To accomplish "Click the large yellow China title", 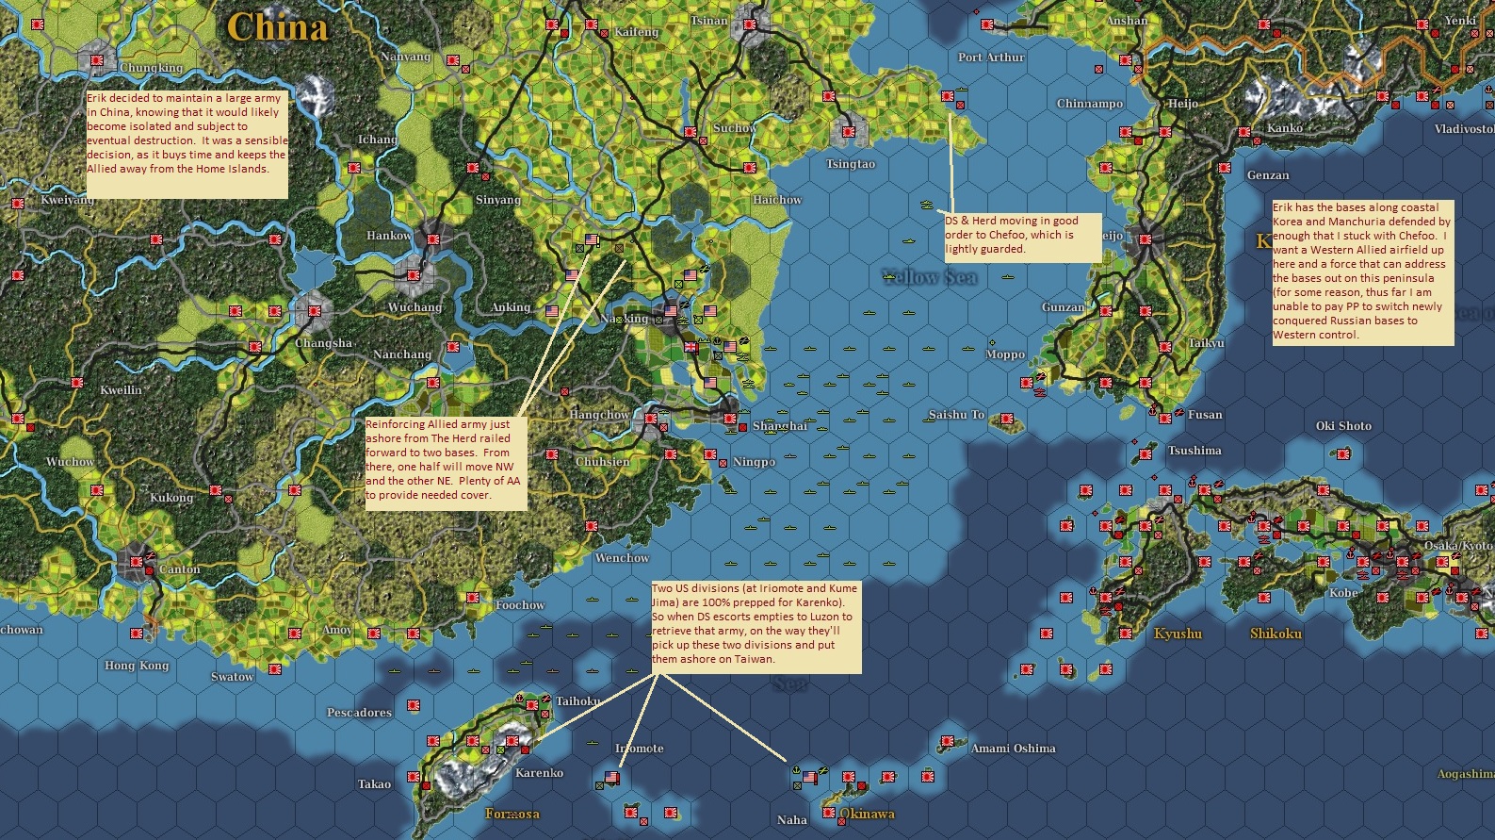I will click(277, 26).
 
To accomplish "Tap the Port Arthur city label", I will click(990, 58).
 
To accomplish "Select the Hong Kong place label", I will click(137, 666).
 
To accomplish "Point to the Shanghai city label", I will click(779, 426).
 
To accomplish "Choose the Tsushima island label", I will click(1194, 451).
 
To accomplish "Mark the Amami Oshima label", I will click(1013, 749).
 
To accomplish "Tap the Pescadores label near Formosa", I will click(359, 713).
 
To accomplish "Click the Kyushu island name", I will click(1178, 634).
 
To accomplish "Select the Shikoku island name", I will click(1276, 634).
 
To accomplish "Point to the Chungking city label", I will click(151, 68).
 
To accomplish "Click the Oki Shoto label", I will click(1343, 426).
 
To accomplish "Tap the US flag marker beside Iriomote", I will click(611, 778).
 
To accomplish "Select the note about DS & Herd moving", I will click(1021, 236).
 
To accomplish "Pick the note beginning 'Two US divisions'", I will click(756, 626).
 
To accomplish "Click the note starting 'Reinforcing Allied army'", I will click(445, 462).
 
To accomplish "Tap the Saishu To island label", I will click(955, 415).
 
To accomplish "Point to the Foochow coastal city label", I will click(520, 605).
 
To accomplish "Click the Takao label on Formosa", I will click(374, 784).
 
